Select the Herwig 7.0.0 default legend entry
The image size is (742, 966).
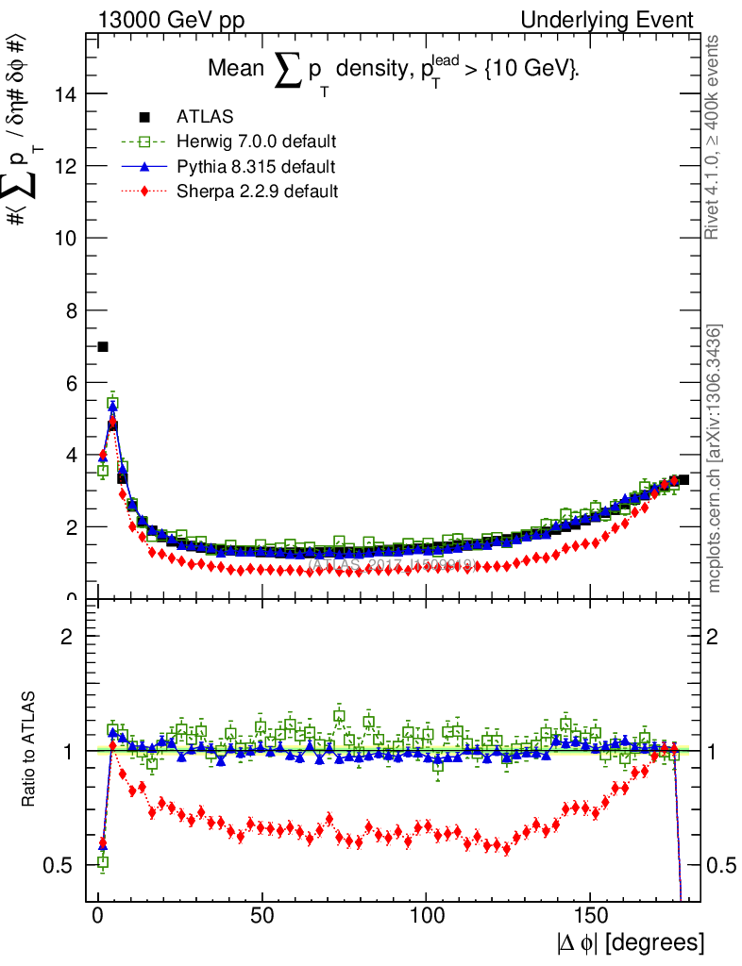coord(256,142)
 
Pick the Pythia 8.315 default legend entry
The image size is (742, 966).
coord(255,166)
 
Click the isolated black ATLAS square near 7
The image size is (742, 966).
coord(103,347)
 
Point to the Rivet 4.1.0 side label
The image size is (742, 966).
coord(715,137)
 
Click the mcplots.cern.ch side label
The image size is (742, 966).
coord(715,458)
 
